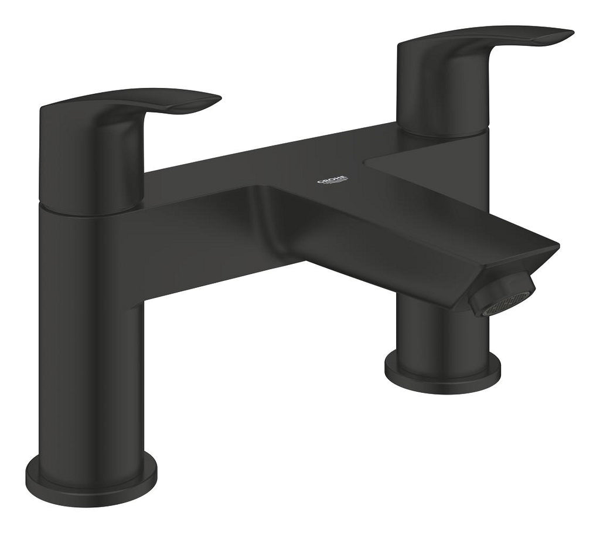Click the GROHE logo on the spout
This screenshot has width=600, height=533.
pos(332,179)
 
